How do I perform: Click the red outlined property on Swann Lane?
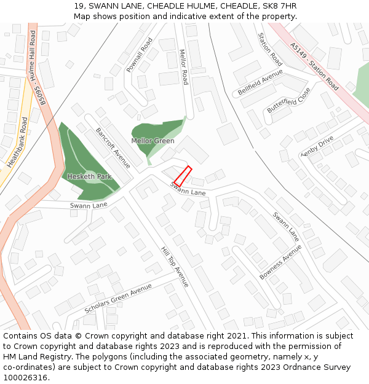(x=183, y=176)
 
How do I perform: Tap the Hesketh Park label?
(x=89, y=176)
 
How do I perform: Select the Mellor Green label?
(x=153, y=141)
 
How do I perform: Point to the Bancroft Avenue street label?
(x=113, y=148)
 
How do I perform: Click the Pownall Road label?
(x=139, y=55)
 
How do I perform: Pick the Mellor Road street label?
(x=183, y=66)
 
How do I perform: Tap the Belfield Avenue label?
(x=260, y=82)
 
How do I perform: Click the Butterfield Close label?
(x=289, y=100)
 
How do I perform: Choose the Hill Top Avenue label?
(x=175, y=267)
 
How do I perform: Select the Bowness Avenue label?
(x=280, y=262)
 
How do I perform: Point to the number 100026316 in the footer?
(x=25, y=378)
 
